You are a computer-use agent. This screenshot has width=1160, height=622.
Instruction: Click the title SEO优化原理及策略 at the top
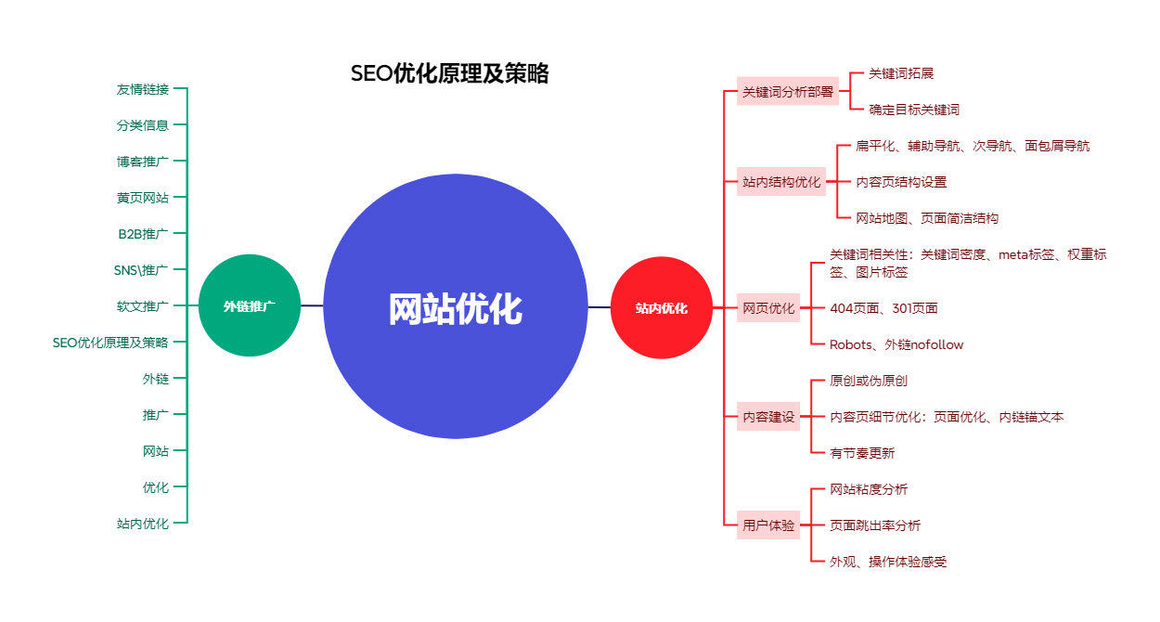click(449, 74)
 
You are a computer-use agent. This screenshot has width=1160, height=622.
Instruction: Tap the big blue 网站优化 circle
click(455, 307)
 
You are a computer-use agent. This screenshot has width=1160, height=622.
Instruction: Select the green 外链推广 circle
click(249, 305)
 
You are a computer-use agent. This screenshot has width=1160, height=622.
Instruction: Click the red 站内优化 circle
click(661, 307)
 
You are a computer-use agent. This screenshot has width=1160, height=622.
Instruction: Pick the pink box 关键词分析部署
click(787, 92)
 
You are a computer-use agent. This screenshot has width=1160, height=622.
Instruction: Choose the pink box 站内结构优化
click(781, 182)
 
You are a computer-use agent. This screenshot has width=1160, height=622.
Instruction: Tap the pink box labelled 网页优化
click(768, 307)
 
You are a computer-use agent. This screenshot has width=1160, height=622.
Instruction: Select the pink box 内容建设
click(768, 417)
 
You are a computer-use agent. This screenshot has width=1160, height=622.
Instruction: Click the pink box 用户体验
click(768, 525)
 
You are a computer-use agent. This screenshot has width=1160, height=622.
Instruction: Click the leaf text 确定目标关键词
click(913, 110)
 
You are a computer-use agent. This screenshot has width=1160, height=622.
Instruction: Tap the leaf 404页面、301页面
click(883, 308)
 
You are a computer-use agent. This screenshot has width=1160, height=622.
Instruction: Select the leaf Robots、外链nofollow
click(896, 344)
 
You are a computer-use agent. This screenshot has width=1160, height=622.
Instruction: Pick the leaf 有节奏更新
click(862, 453)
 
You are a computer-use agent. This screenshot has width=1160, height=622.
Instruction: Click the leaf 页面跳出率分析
click(875, 525)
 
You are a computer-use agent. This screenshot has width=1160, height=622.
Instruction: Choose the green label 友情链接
click(143, 89)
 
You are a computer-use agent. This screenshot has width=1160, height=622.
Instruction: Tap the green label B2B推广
click(143, 234)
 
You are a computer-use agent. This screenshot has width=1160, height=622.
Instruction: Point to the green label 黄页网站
click(143, 198)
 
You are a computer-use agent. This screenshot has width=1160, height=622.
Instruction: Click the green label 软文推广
click(143, 306)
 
